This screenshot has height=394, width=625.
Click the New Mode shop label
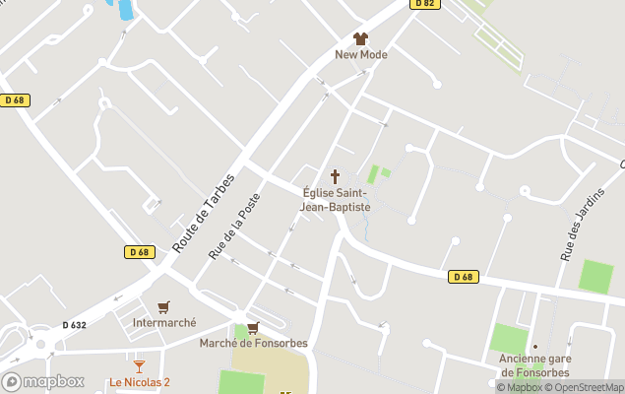pos(361,55)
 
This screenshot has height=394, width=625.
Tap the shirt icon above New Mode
pos(360,38)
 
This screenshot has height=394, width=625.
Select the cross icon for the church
pos(335,177)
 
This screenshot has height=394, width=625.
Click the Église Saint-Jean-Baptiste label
pos(335,201)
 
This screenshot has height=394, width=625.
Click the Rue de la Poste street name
pos(234,226)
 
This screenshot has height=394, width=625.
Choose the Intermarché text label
pos(164,322)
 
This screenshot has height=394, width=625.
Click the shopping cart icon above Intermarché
pos(163,307)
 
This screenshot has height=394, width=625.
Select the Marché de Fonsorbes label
pos(254,343)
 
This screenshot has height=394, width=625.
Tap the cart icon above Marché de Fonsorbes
pos(253,328)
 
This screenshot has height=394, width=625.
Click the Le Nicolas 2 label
pos(139,382)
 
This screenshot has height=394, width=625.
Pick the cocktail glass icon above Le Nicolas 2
pos(139,366)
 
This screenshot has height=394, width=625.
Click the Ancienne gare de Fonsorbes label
pos(535,364)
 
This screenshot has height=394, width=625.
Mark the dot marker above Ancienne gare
pos(535,346)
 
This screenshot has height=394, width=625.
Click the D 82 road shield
pos(424,4)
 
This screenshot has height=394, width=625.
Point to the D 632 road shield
pos(74,325)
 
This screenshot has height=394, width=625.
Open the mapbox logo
pos(43,381)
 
